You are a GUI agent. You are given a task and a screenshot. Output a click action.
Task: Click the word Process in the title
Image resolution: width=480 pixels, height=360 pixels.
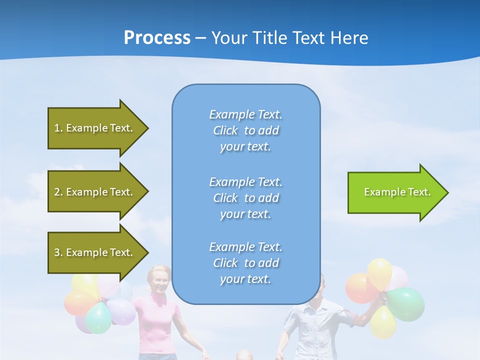point(157,38)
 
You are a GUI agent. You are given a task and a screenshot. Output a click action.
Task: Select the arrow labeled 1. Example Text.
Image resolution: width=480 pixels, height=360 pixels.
point(95,128)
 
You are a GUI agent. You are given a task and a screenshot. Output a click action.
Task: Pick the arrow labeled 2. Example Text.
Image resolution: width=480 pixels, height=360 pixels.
point(95,192)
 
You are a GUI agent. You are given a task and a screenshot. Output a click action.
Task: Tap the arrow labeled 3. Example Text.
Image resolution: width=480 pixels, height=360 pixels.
point(95,252)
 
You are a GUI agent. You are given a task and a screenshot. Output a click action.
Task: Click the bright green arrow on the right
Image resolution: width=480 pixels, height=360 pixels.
point(397,192)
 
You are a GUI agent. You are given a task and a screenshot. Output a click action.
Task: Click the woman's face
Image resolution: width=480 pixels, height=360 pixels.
point(158,281)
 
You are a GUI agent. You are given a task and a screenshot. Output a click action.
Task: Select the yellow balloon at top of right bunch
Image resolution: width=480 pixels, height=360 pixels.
point(380,272)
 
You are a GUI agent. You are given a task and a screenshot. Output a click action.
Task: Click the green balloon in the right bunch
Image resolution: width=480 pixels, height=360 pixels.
point(406,304)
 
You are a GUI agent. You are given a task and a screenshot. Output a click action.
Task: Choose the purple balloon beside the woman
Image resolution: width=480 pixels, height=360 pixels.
point(122,311)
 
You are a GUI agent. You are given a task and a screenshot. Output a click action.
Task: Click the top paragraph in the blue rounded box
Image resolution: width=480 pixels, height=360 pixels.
point(245,130)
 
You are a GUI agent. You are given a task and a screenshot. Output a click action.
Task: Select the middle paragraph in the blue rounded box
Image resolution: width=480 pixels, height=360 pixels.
point(245,198)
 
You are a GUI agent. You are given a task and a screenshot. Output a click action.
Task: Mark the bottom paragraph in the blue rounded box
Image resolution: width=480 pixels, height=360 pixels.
point(245,263)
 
